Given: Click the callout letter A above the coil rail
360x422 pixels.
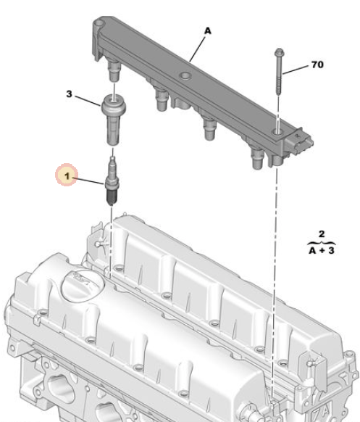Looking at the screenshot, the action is click(208, 31).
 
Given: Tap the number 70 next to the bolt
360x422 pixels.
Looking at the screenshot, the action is click(317, 65).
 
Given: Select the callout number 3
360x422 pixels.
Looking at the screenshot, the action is click(69, 94).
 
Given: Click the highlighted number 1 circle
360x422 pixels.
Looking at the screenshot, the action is click(67, 176).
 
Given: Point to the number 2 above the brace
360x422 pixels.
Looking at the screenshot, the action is click(322, 234).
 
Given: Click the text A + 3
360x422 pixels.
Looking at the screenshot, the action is click(322, 251).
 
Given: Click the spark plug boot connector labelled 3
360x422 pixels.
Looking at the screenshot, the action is click(113, 120).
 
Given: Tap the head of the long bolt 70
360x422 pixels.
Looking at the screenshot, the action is click(280, 52).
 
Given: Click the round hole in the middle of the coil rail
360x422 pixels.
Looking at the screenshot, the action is click(185, 76).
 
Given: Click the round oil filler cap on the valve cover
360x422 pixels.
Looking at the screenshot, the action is click(83, 286).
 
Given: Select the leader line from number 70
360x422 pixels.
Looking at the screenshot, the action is click(296, 70).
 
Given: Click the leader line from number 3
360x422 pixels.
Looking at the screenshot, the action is click(88, 101).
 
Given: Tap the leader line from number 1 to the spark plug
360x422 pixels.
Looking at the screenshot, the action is click(88, 181).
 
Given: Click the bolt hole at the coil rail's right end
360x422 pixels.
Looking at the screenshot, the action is click(277, 132).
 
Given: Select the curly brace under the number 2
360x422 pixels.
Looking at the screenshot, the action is click(322, 244).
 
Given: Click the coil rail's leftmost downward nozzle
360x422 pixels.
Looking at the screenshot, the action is click(114, 70).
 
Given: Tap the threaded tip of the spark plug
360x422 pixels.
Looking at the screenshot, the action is click(111, 199).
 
